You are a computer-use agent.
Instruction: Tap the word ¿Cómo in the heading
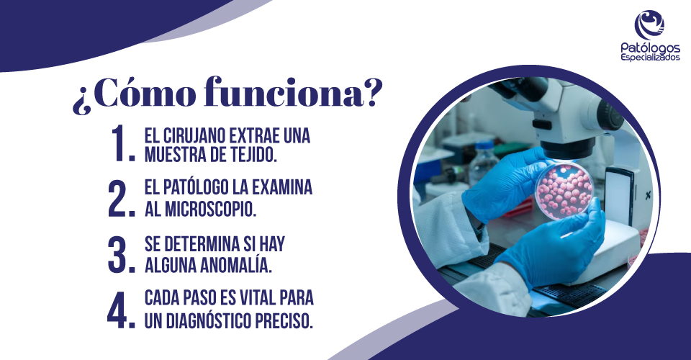134,94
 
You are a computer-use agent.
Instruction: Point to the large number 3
121,254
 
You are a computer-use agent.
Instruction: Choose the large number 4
121,310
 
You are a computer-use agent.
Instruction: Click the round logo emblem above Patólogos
649,24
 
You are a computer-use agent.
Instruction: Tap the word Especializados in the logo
650,58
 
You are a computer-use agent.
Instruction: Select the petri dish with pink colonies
564,189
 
